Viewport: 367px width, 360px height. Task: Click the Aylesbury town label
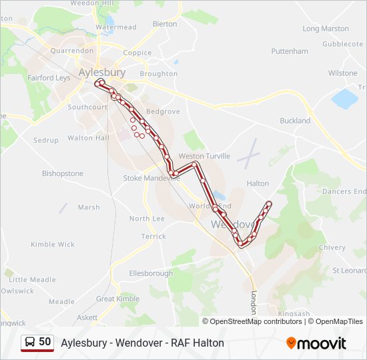coord(101,71)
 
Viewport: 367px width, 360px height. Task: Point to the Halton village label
coord(258,183)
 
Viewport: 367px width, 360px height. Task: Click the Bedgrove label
coord(163,111)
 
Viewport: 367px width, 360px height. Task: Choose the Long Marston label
coord(326,29)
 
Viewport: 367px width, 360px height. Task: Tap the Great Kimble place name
coord(117,299)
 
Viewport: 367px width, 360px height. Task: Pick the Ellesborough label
coord(151,273)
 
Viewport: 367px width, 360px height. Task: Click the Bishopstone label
coord(63,173)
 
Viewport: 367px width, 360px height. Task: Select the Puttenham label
coord(290,51)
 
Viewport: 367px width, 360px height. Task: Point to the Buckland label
coord(295,121)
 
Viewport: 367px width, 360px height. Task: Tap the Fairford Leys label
coord(49,77)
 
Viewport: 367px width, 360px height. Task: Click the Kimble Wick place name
coord(53,245)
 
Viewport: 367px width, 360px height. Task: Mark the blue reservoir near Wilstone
coord(344,99)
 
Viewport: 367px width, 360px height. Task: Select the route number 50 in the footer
coord(45,342)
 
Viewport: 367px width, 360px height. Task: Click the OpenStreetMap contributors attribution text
coord(256,321)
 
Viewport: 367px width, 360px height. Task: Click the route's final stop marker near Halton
coord(269,203)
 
